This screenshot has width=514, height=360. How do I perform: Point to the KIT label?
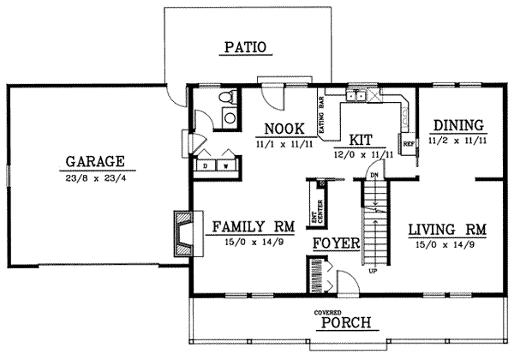point(360,140)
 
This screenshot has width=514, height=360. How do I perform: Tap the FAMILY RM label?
point(253,227)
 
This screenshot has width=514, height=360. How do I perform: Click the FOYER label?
point(334,243)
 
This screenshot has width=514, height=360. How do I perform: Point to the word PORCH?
point(346,323)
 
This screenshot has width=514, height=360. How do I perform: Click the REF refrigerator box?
point(409,143)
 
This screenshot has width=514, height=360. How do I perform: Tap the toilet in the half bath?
point(227,115)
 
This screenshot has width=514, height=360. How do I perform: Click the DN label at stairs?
point(374,175)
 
